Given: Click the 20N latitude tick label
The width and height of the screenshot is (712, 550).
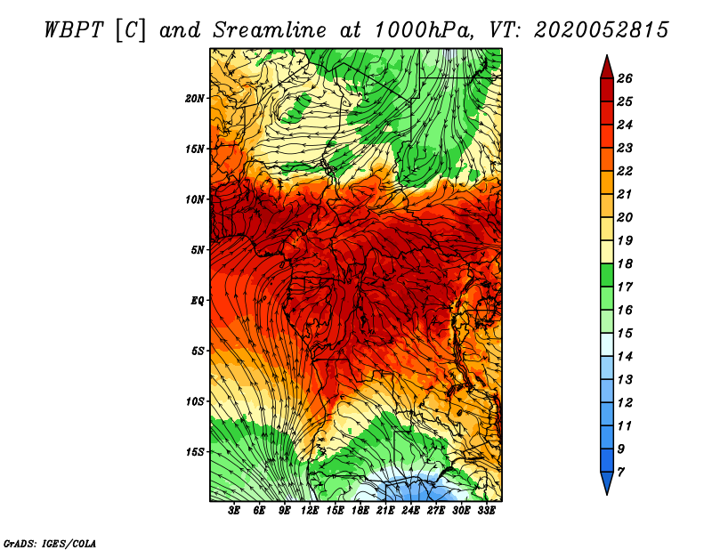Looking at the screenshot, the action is click(x=194, y=99).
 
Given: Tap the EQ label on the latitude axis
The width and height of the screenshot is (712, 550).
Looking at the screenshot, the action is click(x=197, y=301).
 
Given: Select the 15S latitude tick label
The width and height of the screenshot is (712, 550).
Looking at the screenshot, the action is click(x=194, y=452).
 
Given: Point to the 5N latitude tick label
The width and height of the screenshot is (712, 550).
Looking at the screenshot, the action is click(x=197, y=250).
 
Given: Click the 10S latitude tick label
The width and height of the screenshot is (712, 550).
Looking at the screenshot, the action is click(x=194, y=401).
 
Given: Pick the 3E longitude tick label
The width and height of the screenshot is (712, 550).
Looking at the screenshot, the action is click(x=234, y=511).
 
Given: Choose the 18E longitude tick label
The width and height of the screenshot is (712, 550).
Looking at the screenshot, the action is click(x=360, y=511).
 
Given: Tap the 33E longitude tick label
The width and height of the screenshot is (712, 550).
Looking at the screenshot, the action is click(x=486, y=511).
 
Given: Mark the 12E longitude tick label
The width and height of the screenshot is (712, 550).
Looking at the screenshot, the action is click(x=310, y=511).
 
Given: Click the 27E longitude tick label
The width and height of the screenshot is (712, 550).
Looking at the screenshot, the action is click(x=436, y=511).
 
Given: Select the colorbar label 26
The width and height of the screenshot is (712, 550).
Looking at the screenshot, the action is click(x=625, y=78).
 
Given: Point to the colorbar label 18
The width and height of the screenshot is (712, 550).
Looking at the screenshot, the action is click(x=625, y=263).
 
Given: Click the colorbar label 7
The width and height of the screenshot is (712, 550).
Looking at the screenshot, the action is click(x=620, y=473).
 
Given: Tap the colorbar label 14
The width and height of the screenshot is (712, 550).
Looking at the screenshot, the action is click(x=625, y=357).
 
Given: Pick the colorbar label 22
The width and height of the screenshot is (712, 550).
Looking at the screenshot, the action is click(x=625, y=171).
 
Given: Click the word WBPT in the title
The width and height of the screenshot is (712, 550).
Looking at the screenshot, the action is click(x=74, y=30).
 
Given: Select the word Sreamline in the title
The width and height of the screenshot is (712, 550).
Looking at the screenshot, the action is click(x=270, y=30).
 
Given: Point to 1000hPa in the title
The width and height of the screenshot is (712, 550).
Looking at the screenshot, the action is click(x=425, y=30).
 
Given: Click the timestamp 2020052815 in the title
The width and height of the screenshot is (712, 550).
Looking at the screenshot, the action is click(x=602, y=30).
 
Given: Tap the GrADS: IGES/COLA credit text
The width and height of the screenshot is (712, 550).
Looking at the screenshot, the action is click(x=50, y=543).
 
